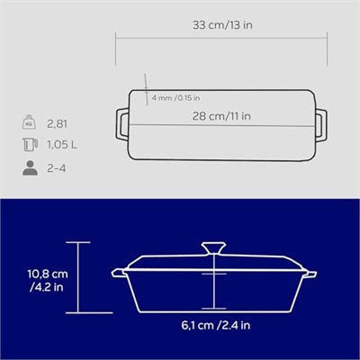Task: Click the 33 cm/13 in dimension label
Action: tap(222, 25)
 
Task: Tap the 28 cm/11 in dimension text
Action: tap(221, 116)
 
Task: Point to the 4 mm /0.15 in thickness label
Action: tap(175, 98)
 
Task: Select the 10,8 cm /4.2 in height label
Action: tap(48, 281)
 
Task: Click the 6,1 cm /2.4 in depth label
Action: tap(215, 325)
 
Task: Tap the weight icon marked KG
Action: tap(29, 121)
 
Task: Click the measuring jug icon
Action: tap(30, 145)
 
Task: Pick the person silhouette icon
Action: tap(30, 168)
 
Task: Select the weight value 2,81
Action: tap(57, 123)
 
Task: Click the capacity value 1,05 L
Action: tap(62, 145)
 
